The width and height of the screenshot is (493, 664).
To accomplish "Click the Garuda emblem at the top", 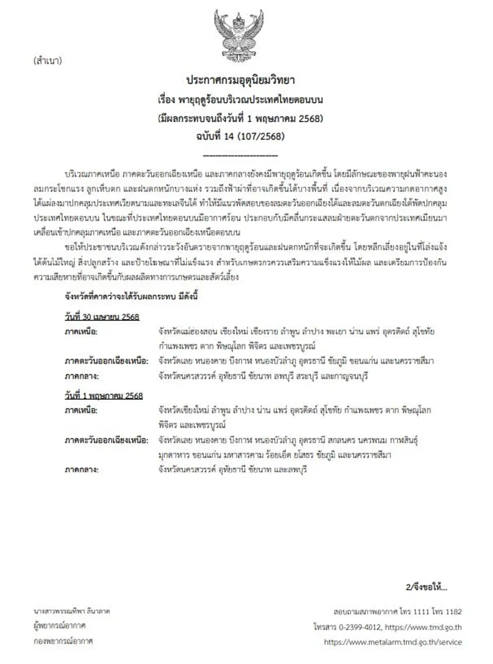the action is click(x=239, y=36).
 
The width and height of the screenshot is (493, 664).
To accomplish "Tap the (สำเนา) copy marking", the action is click(x=48, y=61).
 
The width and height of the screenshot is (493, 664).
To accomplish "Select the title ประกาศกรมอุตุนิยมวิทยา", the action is click(x=241, y=80).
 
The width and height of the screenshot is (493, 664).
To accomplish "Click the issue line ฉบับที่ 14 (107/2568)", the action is click(x=240, y=136).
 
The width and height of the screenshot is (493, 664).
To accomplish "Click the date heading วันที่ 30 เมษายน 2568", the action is click(x=102, y=317).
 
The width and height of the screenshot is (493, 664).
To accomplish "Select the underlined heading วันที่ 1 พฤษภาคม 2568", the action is click(x=104, y=396).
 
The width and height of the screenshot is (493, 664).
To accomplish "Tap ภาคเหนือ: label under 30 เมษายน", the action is click(x=81, y=331).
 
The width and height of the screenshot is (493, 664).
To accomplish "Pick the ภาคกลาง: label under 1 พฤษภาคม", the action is click(x=81, y=469).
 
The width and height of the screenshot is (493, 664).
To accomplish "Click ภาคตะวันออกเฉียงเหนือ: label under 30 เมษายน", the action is click(x=106, y=361).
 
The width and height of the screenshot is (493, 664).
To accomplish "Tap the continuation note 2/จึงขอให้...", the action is click(x=426, y=587).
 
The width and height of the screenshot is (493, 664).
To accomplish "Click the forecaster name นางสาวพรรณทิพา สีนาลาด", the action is click(x=72, y=611).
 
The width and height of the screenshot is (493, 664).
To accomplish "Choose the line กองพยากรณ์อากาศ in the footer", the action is click(x=63, y=641).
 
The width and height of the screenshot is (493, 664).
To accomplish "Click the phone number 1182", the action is click(x=453, y=612).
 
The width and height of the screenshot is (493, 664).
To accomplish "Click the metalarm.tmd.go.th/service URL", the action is click(x=393, y=642).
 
